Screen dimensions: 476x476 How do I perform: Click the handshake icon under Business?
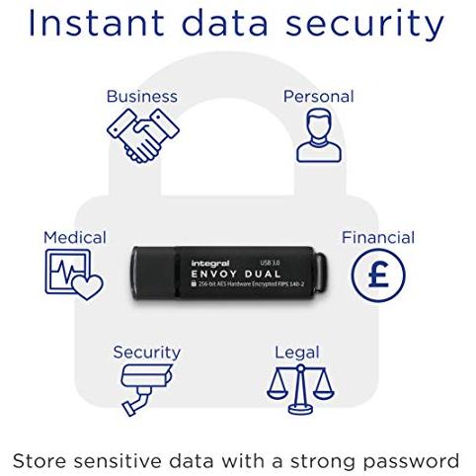(x=143, y=135)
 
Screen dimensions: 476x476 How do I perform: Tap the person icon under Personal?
(x=319, y=135)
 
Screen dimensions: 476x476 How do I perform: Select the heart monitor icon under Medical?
(x=74, y=275)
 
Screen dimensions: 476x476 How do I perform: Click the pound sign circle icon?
(x=378, y=276)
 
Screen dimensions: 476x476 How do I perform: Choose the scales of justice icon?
(x=300, y=390)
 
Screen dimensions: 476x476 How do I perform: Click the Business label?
(x=142, y=97)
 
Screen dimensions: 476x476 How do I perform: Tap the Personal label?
(x=319, y=97)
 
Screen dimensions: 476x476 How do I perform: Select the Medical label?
(x=75, y=238)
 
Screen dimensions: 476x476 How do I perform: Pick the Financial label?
(x=378, y=238)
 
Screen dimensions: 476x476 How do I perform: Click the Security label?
(x=147, y=353)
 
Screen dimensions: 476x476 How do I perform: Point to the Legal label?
(x=297, y=353)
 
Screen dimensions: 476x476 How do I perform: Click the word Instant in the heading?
(x=97, y=23)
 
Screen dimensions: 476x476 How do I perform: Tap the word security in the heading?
(x=364, y=24)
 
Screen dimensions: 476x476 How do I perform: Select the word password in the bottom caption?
(x=412, y=461)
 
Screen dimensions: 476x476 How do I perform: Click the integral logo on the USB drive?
(x=210, y=264)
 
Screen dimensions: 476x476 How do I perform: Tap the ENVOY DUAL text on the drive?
(x=236, y=274)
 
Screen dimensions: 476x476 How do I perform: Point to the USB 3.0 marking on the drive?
(x=270, y=263)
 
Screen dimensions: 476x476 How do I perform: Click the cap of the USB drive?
(x=154, y=273)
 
